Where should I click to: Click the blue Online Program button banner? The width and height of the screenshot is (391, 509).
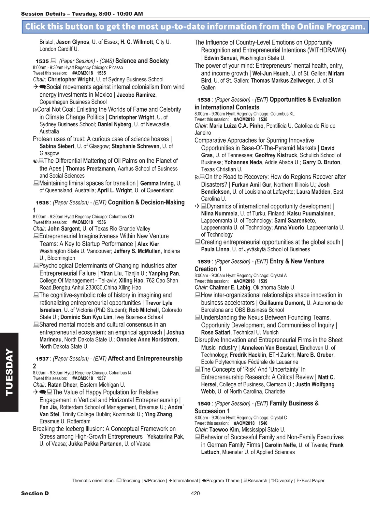pyautogui.click(x=195, y=27)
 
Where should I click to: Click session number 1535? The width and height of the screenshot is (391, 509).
pyautogui.click(x=42, y=61)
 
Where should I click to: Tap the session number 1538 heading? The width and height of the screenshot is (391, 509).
pyautogui.click(x=204, y=100)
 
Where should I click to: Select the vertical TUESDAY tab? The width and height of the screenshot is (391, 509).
pyautogui.click(x=9, y=372)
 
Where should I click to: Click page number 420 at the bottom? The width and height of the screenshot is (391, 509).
pyautogui.click(x=195, y=493)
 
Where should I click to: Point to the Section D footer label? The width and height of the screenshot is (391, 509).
pyautogui.click(x=35, y=493)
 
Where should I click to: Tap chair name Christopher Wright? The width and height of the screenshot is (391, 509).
pyautogui.click(x=70, y=79)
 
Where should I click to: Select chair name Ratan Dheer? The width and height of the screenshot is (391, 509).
pyautogui.click(x=62, y=385)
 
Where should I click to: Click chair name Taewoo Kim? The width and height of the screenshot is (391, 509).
pyautogui.click(x=224, y=430)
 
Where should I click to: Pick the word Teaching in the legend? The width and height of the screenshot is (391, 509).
pyautogui.click(x=131, y=481)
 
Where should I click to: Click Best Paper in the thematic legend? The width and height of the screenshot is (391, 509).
pyautogui.click(x=313, y=481)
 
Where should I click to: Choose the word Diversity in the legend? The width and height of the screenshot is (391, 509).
pyautogui.click(x=284, y=481)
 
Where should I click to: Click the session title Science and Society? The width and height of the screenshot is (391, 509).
pyautogui.click(x=142, y=61)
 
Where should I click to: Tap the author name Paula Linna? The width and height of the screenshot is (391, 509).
pyautogui.click(x=215, y=249)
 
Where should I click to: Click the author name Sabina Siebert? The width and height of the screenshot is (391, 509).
pyautogui.click(x=57, y=146)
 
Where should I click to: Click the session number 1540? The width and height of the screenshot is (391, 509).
pyautogui.click(x=204, y=404)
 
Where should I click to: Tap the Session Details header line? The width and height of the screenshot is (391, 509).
pyautogui.click(x=82, y=14)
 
